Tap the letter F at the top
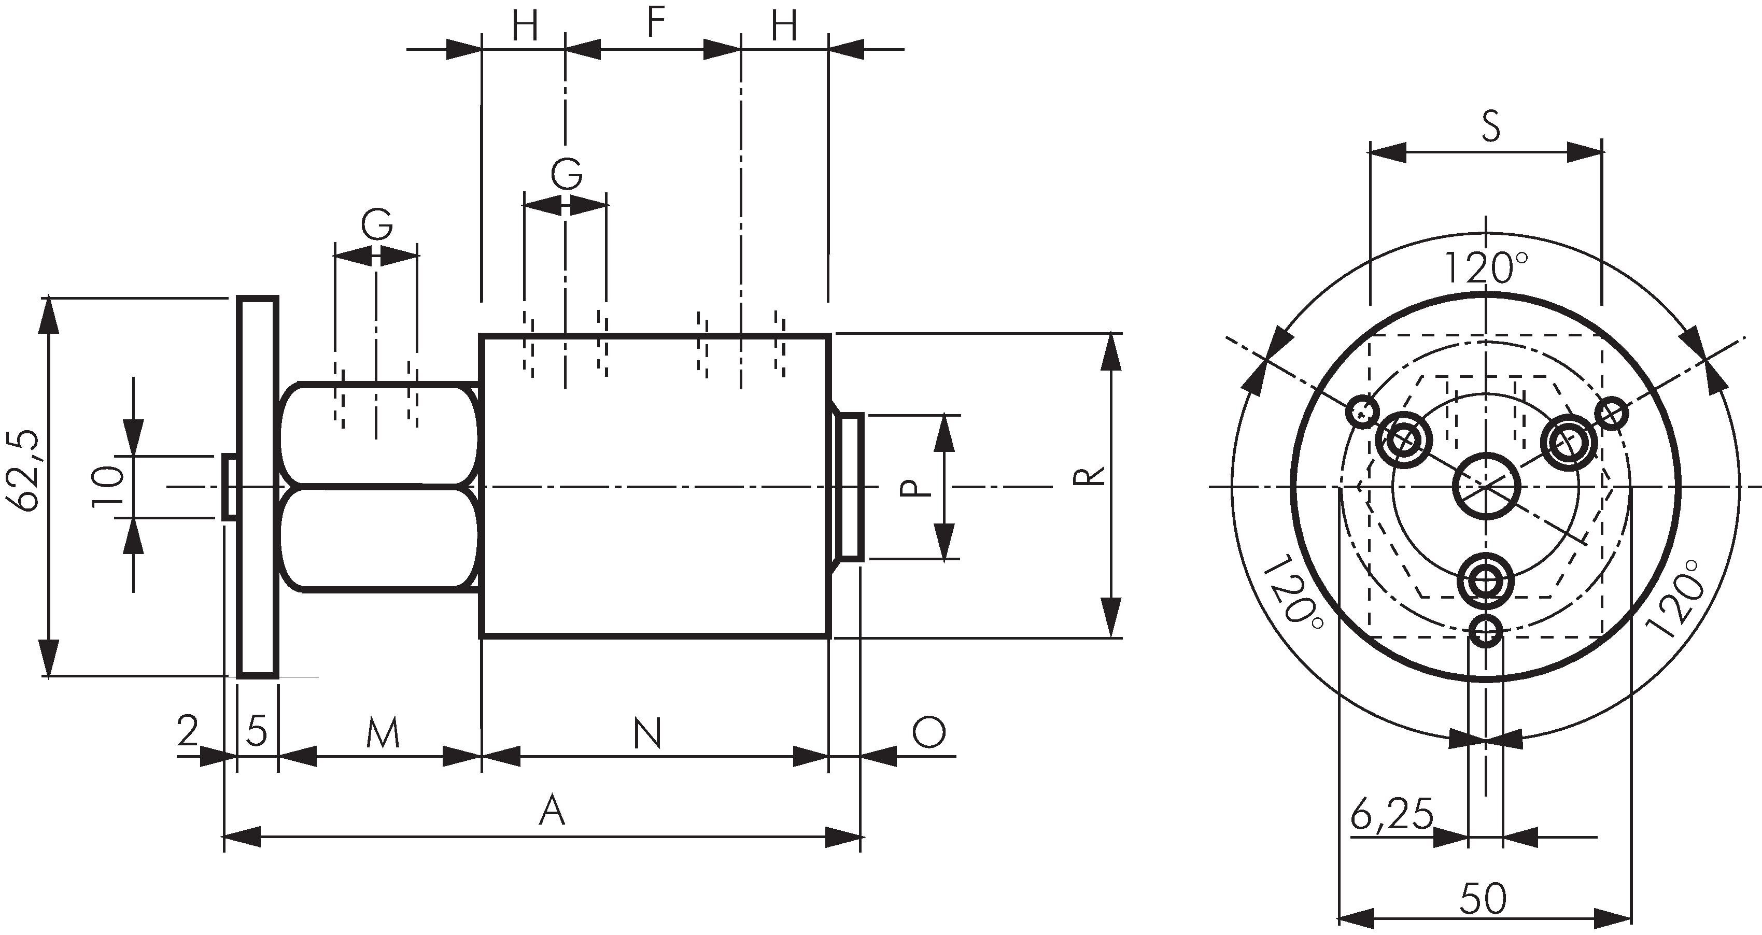(x=655, y=23)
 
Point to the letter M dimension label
(x=382, y=734)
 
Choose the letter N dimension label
(x=647, y=734)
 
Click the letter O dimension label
(x=928, y=732)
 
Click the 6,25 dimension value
(x=1392, y=815)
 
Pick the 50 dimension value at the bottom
(x=1483, y=899)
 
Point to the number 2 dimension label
(x=187, y=731)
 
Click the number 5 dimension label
(x=257, y=732)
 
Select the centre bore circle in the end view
(x=1486, y=486)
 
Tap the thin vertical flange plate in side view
(x=257, y=487)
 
